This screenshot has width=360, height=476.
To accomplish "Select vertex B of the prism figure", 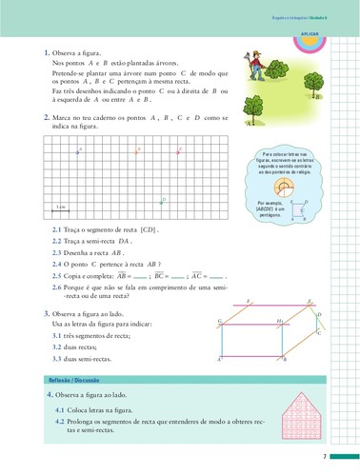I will [280, 358].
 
